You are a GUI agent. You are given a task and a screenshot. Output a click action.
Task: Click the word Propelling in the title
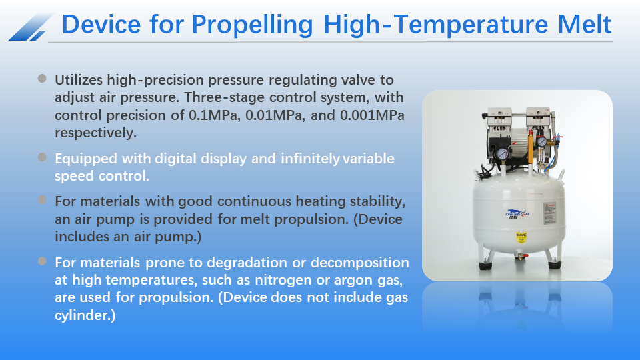point(253,25)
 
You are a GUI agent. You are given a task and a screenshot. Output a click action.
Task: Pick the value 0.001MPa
point(372,115)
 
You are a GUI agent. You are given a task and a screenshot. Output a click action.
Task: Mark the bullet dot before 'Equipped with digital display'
point(43,157)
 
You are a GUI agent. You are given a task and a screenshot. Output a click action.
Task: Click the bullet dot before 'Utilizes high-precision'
point(43,79)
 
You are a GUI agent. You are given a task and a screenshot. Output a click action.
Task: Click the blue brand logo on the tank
point(503,215)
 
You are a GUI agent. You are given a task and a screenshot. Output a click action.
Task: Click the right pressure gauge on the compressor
point(543,141)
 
